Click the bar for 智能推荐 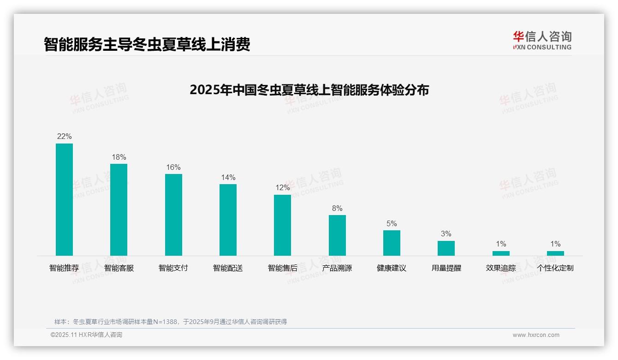(64, 199)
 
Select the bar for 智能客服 (119, 210)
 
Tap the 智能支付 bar (173, 215)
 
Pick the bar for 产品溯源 (337, 235)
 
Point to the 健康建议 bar (392, 243)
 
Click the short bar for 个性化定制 (555, 253)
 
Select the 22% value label (64, 137)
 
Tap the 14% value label (228, 177)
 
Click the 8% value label (337, 208)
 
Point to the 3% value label (446, 234)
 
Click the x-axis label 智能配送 (228, 268)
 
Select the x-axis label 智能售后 (282, 268)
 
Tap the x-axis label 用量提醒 (446, 268)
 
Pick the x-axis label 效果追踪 (501, 268)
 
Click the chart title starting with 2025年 (309, 90)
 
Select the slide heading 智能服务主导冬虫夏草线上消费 (147, 44)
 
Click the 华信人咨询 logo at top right (542, 40)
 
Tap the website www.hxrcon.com (536, 335)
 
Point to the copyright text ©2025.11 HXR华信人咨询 (86, 335)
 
